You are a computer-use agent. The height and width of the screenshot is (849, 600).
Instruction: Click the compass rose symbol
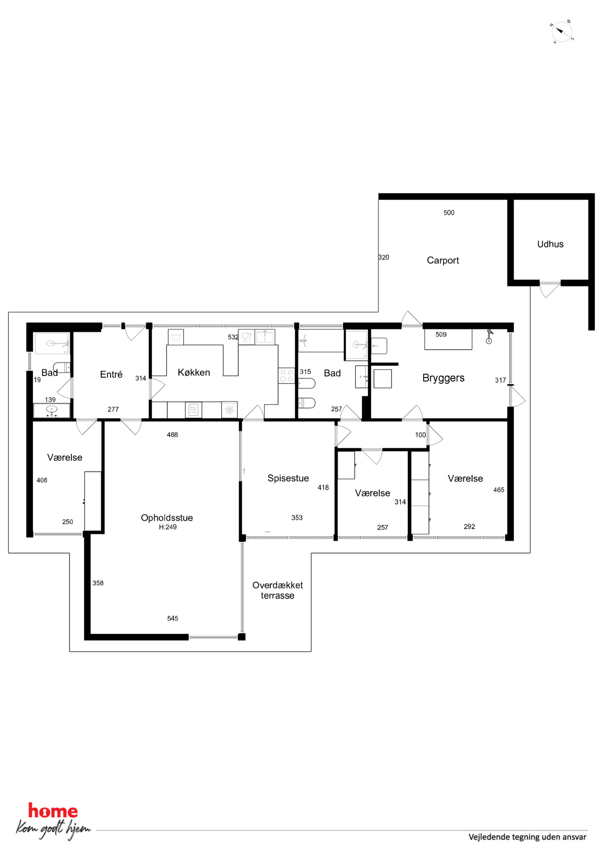tap(562, 32)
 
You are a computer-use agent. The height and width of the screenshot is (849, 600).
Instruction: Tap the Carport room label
tap(442, 260)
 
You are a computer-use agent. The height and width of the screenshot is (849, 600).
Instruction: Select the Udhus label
tap(550, 244)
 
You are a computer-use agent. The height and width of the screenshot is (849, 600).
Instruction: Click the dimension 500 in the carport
tap(449, 213)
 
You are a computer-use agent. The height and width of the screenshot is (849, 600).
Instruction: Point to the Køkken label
tap(194, 372)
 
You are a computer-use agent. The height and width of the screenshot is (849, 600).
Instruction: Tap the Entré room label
tap(111, 374)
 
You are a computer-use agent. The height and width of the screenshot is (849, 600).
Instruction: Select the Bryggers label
tap(443, 378)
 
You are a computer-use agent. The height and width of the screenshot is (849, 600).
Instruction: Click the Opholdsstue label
tap(167, 518)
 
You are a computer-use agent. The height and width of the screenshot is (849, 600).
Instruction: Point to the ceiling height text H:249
tap(168, 527)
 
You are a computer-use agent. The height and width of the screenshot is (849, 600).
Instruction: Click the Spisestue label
tap(288, 478)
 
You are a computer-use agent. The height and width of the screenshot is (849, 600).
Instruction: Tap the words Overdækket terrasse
tap(278, 590)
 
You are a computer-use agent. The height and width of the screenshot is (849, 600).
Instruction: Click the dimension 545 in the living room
tap(173, 618)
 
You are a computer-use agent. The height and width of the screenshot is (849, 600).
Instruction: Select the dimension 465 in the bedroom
tap(499, 490)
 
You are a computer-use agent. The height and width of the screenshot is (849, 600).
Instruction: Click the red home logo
tap(53, 811)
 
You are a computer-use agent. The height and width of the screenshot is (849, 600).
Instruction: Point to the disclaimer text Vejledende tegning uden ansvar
tap(527, 837)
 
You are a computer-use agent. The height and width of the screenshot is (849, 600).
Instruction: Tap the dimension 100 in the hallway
tap(420, 435)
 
